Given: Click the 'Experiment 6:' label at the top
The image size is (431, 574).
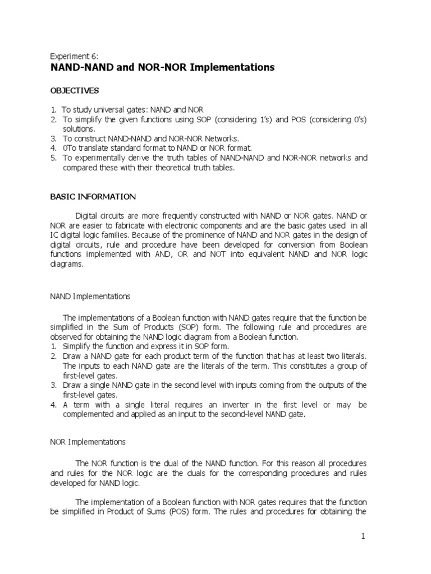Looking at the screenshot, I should [74, 57].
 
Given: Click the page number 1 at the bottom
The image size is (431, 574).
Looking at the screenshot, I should [363, 536].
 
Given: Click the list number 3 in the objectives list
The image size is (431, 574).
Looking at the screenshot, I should [53, 138].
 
